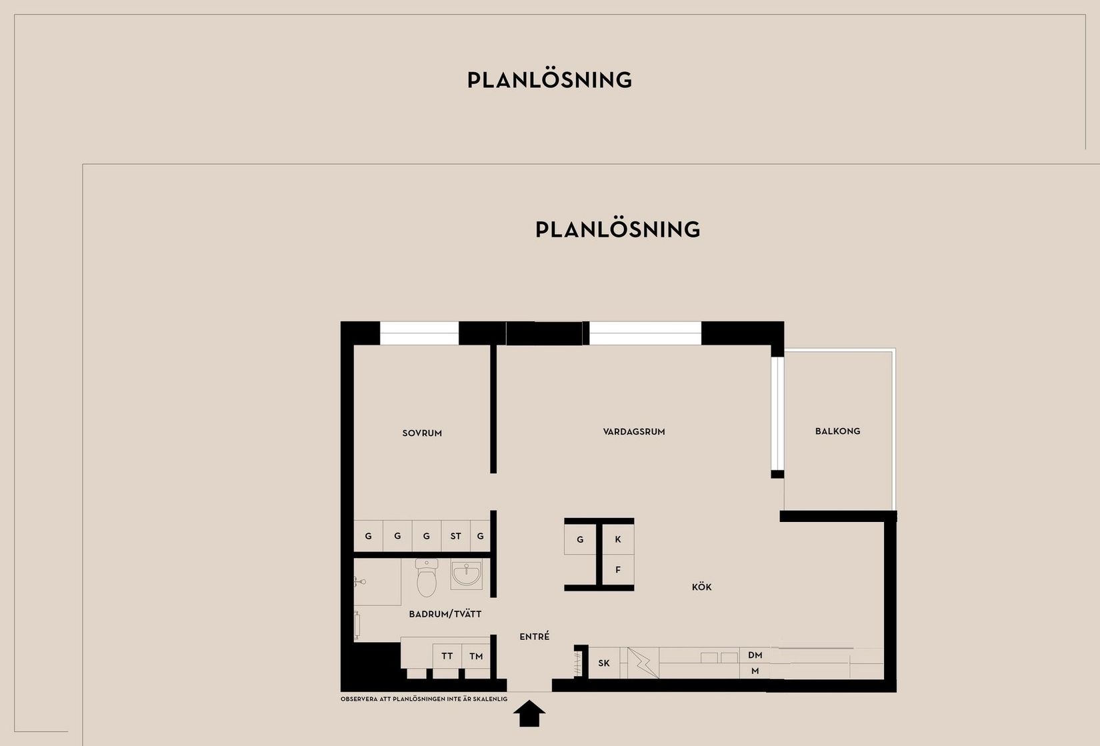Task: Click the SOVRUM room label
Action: [x=422, y=433]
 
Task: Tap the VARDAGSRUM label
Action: [x=634, y=432]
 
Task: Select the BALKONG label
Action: [x=838, y=431]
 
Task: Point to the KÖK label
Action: [x=702, y=587]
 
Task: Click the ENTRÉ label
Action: [x=534, y=636]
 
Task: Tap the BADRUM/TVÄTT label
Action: [x=445, y=614]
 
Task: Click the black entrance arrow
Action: [x=529, y=713]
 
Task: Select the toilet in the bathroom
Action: [x=426, y=577]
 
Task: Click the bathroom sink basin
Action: [x=466, y=573]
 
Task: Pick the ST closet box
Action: [x=456, y=536]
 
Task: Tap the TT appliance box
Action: [x=447, y=656]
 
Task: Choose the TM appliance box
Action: [x=476, y=656]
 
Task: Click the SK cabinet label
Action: [x=604, y=663]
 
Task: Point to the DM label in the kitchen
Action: [x=755, y=655]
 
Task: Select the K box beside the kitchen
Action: [x=618, y=539]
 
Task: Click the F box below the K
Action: [x=618, y=570]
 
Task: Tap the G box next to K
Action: [x=580, y=539]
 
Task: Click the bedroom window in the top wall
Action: [x=419, y=333]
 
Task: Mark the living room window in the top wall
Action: [x=645, y=333]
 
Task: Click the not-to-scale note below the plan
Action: [x=424, y=699]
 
